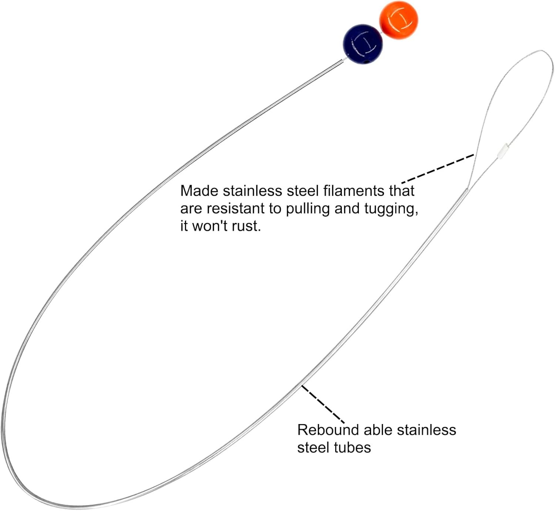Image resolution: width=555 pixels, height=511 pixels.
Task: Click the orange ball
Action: click(x=398, y=20)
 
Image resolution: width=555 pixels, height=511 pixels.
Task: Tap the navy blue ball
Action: click(x=363, y=44)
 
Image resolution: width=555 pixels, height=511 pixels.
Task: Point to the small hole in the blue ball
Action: click(x=367, y=62)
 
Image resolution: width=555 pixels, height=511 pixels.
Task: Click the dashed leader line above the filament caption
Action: click(x=438, y=169)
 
